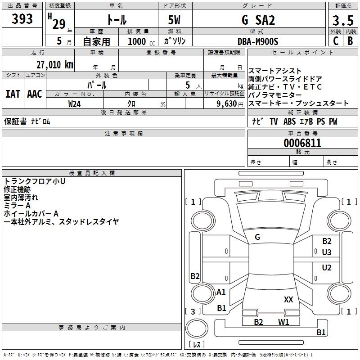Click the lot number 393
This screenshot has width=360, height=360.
(22, 19)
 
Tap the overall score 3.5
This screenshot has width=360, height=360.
(342, 20)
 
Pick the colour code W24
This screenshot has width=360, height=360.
(75, 104)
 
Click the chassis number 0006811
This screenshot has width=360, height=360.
(302, 144)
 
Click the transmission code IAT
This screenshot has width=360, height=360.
(13, 94)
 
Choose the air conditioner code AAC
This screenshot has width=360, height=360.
(35, 94)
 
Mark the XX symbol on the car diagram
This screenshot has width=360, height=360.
(288, 300)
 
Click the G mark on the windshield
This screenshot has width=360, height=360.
(257, 237)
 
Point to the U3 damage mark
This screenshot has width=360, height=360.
(327, 252)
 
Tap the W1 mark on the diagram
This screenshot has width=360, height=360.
(283, 322)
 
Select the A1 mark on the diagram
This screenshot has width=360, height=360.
(221, 292)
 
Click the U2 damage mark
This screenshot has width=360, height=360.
(327, 268)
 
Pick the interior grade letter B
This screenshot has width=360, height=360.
(350, 41)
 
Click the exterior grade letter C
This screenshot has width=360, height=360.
(335, 41)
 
